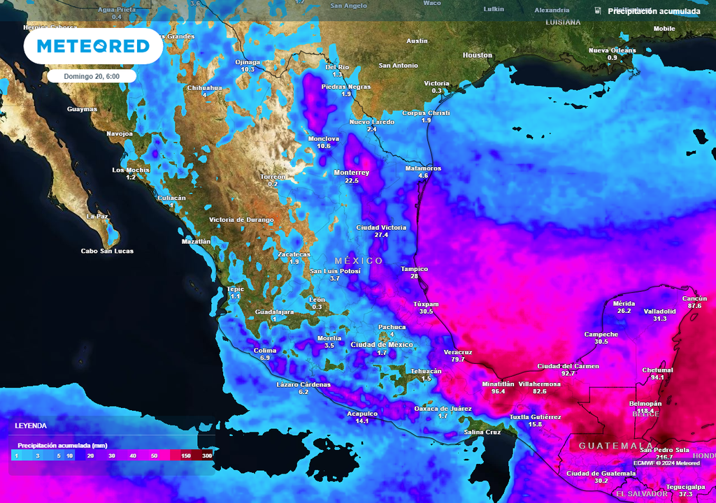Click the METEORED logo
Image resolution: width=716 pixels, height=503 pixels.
(93, 46)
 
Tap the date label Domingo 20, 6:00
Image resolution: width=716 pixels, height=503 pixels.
(92, 76)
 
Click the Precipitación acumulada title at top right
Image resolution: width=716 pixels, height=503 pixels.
(653, 11)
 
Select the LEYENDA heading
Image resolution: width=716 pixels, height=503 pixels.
(31, 425)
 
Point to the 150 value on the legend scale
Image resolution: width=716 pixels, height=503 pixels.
(186, 455)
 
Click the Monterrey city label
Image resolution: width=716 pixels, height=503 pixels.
(351, 173)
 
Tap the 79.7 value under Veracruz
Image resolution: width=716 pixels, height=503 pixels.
(458, 359)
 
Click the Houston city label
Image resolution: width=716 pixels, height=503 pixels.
(478, 55)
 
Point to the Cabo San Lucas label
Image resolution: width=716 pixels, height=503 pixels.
(107, 251)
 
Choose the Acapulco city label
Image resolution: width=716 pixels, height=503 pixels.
(362, 414)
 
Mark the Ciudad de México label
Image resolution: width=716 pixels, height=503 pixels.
(381, 345)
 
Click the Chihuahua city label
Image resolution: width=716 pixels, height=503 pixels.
(204, 88)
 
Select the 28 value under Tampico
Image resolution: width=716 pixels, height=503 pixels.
(414, 277)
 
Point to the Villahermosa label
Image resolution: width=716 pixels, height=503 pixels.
(539, 384)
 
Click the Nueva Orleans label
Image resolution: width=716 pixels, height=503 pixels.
(612, 50)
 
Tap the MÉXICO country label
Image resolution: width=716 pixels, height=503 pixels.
(359, 261)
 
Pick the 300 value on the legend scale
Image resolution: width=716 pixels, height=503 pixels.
(207, 455)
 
